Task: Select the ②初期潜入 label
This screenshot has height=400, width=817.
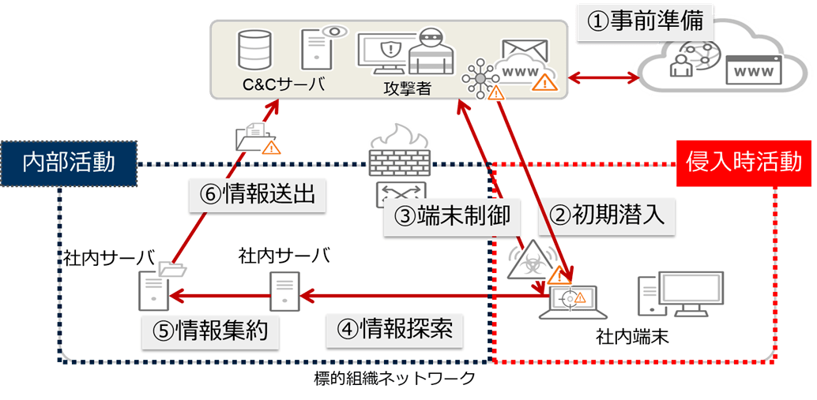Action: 606,214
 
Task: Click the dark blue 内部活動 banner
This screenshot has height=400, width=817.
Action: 69,163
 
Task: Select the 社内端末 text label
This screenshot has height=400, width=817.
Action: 631,338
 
